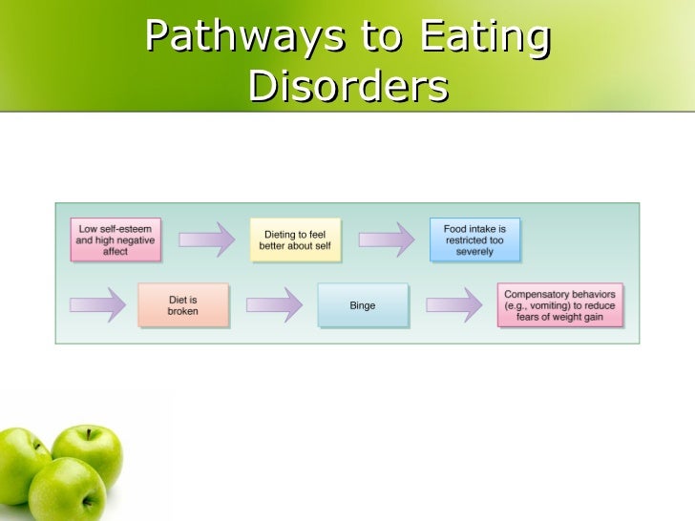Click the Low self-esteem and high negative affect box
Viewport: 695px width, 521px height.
[115, 240]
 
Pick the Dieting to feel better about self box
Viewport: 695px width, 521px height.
[292, 240]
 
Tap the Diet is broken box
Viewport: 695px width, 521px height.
[182, 305]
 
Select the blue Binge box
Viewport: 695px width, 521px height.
[363, 305]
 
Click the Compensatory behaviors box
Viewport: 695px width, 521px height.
[560, 305]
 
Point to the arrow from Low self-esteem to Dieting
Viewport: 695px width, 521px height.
[205, 240]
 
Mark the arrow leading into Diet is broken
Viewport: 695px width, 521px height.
[97, 305]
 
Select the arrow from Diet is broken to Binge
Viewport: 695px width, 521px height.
[274, 305]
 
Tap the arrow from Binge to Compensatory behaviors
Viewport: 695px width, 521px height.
[453, 305]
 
